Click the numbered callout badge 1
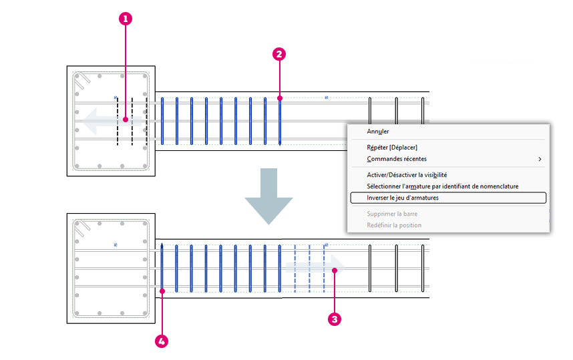(126, 19)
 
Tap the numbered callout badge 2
(279, 54)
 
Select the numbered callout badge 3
(335, 319)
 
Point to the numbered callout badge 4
(162, 342)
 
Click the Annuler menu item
(378, 132)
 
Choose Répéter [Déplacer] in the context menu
(392, 148)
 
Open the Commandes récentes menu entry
(397, 159)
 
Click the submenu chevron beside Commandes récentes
(540, 159)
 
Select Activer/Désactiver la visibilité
(407, 175)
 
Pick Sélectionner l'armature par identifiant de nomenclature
(443, 186)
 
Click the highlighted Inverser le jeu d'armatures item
(448, 198)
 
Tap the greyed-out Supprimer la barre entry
(392, 214)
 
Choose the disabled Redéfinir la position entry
(394, 225)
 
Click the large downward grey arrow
(268, 196)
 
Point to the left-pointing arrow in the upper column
(112, 122)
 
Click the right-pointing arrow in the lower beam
(315, 268)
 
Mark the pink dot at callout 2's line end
(280, 98)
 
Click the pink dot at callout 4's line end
(162, 291)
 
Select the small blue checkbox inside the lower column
(116, 245)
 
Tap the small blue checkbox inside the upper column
(116, 98)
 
